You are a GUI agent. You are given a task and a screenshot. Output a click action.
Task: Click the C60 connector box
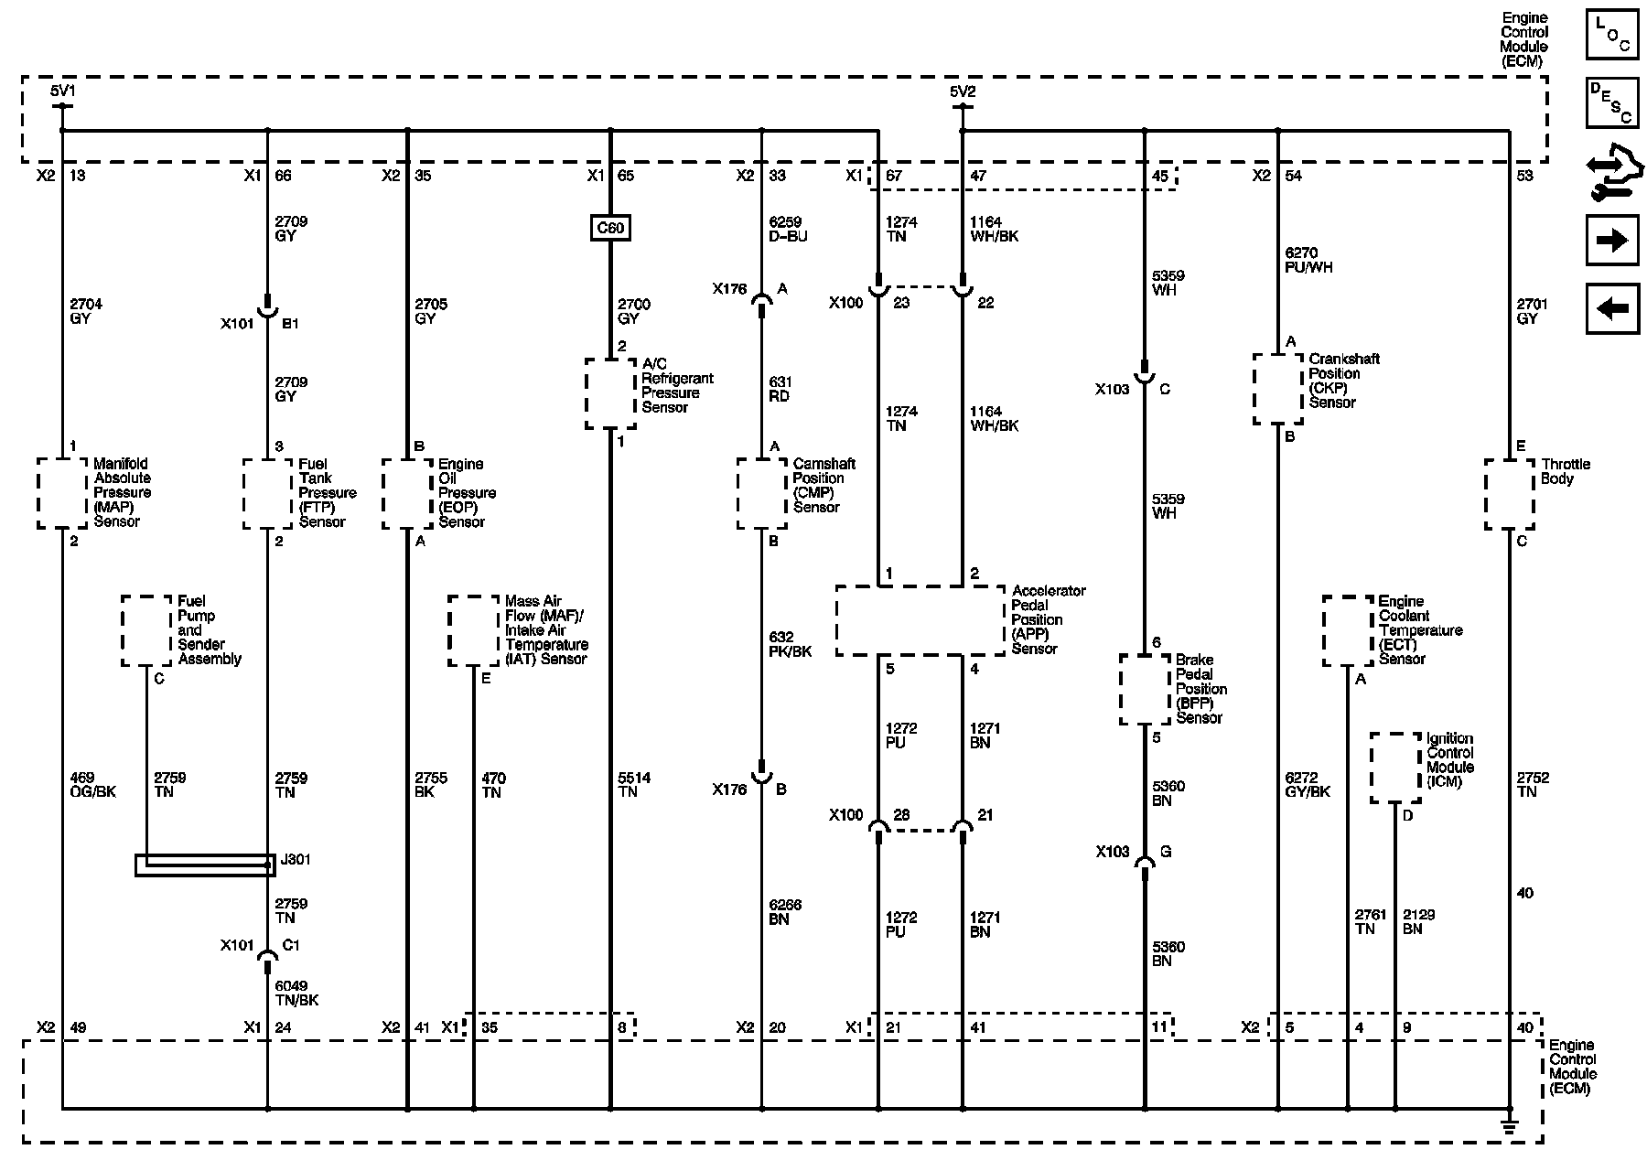610,228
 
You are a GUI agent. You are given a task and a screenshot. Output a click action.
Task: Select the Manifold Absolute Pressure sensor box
62,493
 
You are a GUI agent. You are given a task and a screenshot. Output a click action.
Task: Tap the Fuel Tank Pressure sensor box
267,493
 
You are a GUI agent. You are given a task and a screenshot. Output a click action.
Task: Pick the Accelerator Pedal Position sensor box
920,621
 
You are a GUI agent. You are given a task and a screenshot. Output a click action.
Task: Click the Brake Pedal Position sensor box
1145,689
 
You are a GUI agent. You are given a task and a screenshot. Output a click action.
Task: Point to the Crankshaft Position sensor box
1277,389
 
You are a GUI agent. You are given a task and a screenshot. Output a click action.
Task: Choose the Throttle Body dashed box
1509,494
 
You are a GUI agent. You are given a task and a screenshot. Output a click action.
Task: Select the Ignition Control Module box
1395,768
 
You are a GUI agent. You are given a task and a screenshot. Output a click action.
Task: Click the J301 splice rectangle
205,865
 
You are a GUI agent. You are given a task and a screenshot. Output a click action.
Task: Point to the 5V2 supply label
963,91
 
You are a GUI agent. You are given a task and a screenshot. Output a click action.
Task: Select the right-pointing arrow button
1611,241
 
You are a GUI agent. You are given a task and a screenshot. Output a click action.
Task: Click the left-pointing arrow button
1611,308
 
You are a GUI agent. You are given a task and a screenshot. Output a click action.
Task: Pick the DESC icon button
1611,102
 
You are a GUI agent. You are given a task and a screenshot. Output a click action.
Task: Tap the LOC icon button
1611,35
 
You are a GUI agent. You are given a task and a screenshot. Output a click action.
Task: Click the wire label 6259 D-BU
788,229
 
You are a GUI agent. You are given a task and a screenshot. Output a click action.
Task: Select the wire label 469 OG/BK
92,785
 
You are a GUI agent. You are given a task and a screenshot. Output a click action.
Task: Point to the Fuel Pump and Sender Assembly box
146,630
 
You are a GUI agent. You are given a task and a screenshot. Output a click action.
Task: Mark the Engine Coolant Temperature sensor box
1348,630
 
